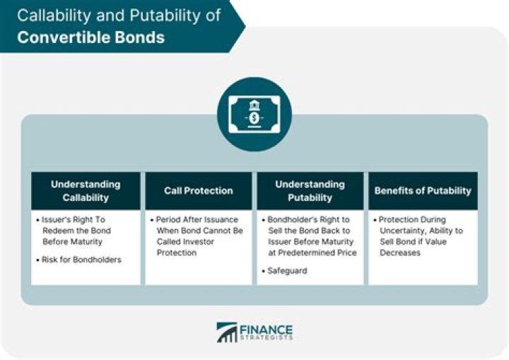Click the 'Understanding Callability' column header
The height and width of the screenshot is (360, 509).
pyautogui.click(x=86, y=190)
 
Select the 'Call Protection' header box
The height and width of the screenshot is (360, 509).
pyautogui.click(x=198, y=190)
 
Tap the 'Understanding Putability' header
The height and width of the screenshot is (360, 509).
pyautogui.click(x=310, y=190)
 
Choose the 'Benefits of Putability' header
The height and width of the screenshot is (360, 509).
pyautogui.click(x=423, y=190)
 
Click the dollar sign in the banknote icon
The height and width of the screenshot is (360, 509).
pyautogui.click(x=255, y=117)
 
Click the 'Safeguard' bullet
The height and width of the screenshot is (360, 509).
pyautogui.click(x=287, y=271)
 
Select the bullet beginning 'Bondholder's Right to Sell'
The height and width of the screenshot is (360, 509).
pyautogui.click(x=311, y=236)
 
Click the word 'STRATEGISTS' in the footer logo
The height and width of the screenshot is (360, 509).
pyautogui.click(x=265, y=338)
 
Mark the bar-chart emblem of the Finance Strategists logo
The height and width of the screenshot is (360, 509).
pyautogui.click(x=227, y=332)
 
